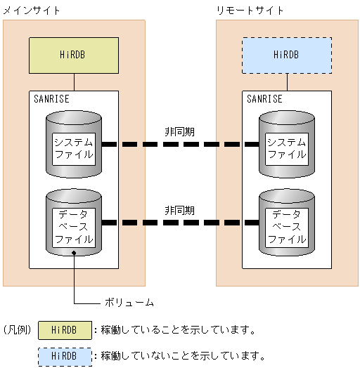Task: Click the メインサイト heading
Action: point(32,11)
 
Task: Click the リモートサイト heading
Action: point(250,11)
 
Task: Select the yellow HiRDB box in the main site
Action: point(74,55)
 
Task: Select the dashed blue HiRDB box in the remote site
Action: point(287,55)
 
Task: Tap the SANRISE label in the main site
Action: point(52,99)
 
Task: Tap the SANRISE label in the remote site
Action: point(264,99)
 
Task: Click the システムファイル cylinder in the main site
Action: point(74,147)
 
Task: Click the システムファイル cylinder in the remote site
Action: point(286,147)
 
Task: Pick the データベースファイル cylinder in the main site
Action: point(74,221)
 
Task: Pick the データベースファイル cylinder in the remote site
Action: point(286,221)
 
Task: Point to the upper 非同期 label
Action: point(179,131)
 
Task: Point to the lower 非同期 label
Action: point(179,210)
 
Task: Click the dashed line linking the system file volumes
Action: point(179,145)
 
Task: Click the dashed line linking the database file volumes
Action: point(179,223)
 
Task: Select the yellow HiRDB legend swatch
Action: point(65,329)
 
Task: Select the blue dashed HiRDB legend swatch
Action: point(65,355)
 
